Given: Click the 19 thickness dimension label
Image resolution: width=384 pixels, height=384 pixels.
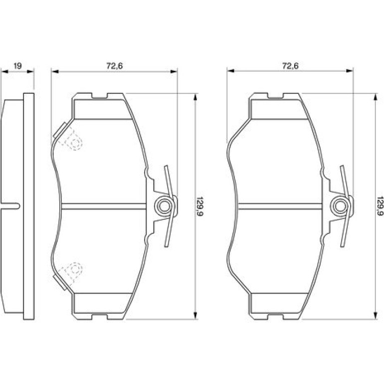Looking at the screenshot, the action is click(x=17, y=66).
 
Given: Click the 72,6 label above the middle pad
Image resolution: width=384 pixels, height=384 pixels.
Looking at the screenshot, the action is click(x=114, y=66).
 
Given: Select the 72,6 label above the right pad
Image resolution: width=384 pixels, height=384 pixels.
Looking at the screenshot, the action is click(x=290, y=66).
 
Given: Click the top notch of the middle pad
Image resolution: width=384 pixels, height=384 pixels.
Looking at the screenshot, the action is click(x=100, y=96).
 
